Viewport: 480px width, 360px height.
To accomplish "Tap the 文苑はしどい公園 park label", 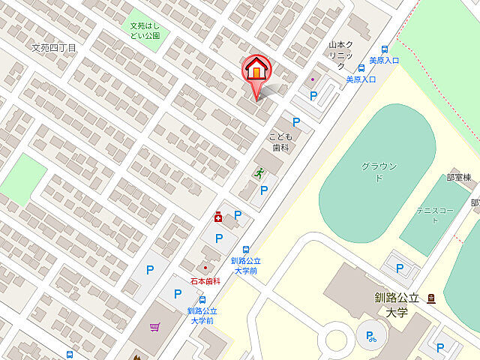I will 145,29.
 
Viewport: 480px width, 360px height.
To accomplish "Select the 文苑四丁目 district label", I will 54,47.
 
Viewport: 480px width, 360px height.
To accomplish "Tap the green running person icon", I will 259,172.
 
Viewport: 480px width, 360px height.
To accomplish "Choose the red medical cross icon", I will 217,217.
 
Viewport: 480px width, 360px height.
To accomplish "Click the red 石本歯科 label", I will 205,281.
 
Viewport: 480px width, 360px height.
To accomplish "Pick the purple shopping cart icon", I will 155,327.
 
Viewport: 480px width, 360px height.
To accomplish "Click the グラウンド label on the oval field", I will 379,171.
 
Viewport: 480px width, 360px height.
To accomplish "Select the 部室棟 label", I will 458,178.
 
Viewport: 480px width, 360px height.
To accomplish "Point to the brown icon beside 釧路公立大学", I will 432,298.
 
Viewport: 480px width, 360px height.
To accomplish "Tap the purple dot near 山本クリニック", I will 313,79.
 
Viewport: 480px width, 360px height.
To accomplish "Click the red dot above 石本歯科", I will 205,268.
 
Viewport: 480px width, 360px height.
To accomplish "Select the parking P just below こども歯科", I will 264,190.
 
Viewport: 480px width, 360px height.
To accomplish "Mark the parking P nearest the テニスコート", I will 400,268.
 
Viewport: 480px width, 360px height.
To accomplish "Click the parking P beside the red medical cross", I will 237,215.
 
